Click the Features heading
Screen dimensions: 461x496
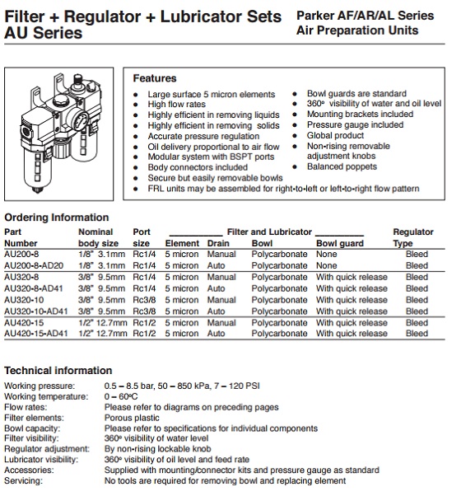155,78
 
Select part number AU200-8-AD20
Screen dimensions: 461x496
34,265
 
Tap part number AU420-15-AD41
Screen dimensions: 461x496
36,334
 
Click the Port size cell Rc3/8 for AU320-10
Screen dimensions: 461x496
144,300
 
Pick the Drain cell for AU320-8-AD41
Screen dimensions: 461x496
217,288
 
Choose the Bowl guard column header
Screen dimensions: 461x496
340,243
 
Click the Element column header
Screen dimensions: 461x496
182,243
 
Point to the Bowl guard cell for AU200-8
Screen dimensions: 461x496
327,254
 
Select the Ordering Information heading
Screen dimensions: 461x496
57,218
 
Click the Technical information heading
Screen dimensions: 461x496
58,371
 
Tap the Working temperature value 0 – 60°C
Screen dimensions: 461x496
121,396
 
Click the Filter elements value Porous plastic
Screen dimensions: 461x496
132,418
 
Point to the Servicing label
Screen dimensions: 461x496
23,481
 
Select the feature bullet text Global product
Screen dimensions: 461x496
335,135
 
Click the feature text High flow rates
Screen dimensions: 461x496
177,104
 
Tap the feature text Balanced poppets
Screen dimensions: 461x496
342,166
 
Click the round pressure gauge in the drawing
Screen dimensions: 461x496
80,119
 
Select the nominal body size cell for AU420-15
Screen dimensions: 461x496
103,323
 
